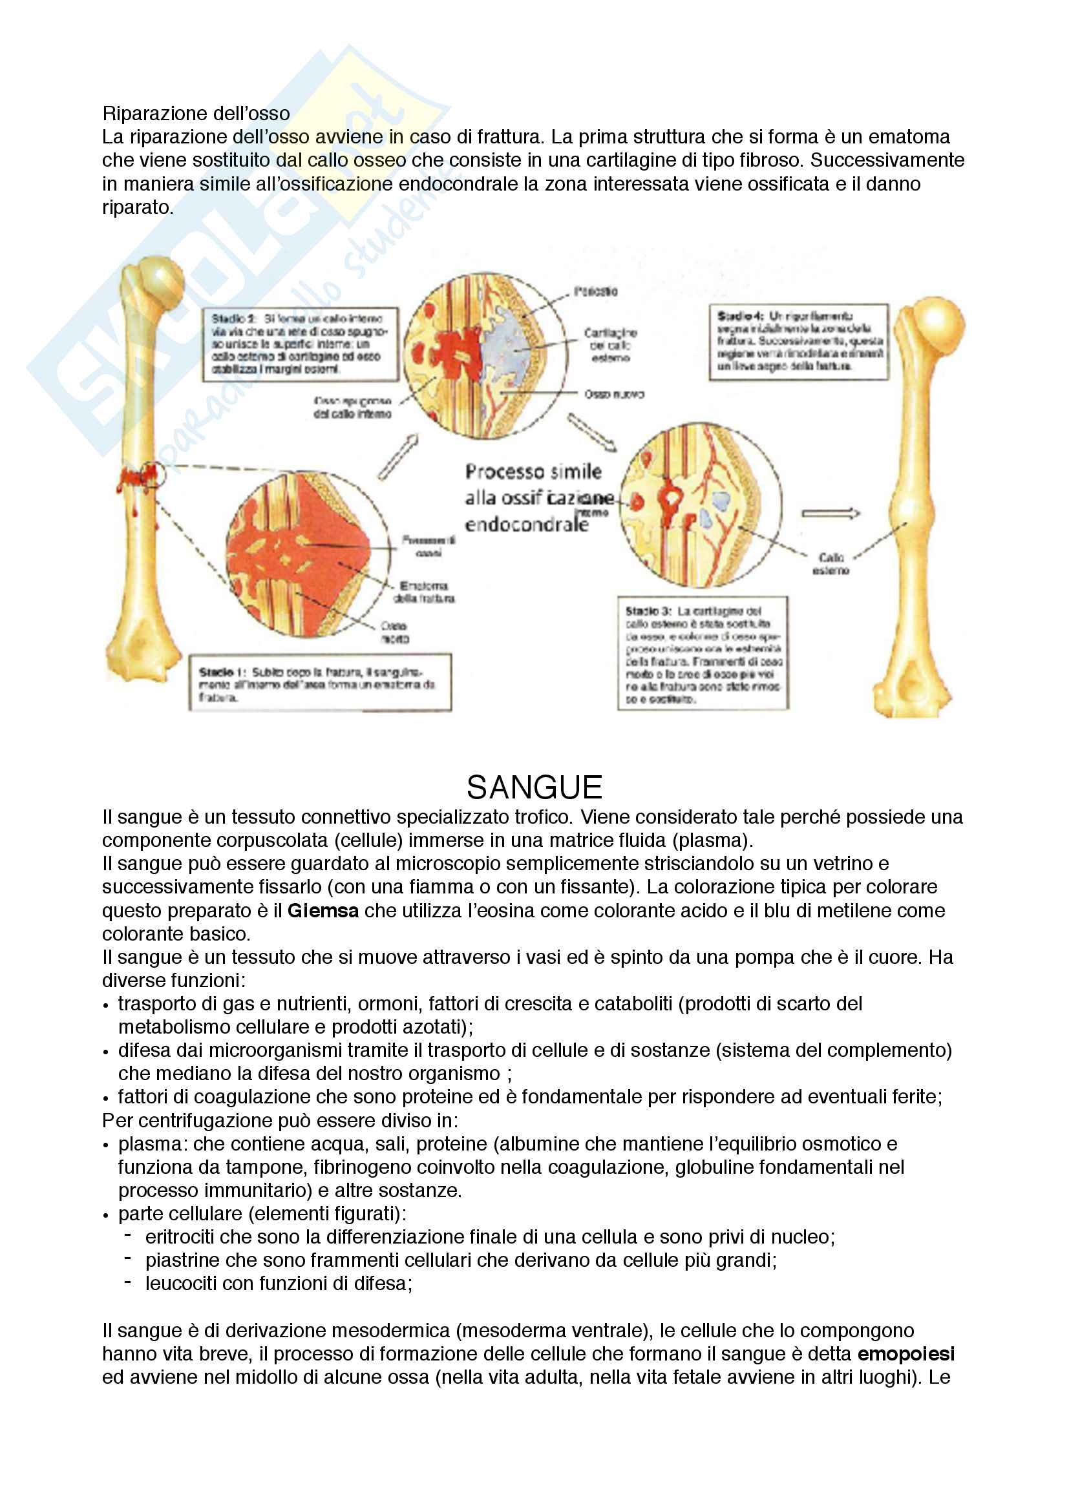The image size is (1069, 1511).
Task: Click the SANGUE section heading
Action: click(x=534, y=787)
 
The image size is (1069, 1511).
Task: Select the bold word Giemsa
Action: click(x=323, y=911)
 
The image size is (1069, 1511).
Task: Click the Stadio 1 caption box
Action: click(x=320, y=683)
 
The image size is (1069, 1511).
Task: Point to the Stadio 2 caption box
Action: click(x=300, y=344)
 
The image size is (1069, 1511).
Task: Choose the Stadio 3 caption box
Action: click(x=703, y=653)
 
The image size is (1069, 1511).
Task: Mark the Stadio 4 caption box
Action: click(x=798, y=342)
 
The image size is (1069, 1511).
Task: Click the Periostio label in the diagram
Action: click(x=595, y=291)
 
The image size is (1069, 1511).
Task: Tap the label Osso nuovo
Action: click(x=613, y=394)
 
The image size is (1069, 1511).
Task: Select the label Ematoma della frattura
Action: click(x=424, y=592)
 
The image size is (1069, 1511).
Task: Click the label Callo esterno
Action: click(x=831, y=564)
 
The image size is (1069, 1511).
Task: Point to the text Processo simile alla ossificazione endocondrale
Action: click(x=533, y=497)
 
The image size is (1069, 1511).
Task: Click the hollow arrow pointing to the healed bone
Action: click(x=830, y=514)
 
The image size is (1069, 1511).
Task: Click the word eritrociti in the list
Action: click(x=180, y=1236)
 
